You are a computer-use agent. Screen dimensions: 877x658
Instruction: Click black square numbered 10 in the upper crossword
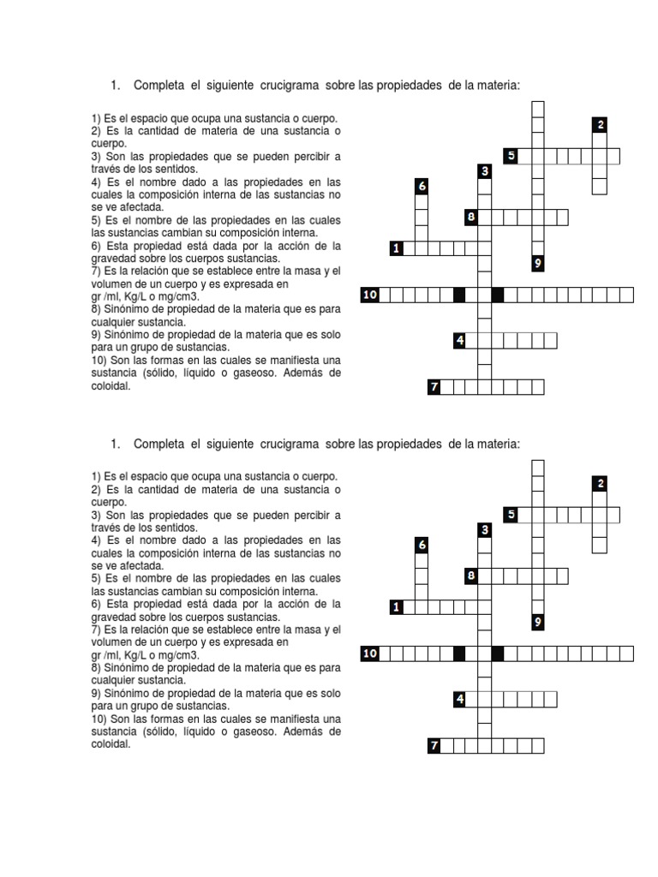369,295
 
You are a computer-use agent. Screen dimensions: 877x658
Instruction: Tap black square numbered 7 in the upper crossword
434,387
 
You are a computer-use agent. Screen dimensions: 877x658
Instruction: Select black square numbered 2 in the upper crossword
601,125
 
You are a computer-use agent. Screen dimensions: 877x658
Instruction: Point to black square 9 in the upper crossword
537,263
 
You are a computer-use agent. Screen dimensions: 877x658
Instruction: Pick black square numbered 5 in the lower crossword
511,515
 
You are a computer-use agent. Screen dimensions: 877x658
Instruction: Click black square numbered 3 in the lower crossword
484,530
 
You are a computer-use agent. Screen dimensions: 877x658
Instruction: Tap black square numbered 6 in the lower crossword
421,545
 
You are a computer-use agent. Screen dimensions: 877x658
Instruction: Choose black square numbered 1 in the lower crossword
396,607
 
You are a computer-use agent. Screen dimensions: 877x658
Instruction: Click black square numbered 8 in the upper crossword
471,217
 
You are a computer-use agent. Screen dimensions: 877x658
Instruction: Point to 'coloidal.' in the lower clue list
111,745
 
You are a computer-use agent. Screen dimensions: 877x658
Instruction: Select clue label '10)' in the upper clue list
99,361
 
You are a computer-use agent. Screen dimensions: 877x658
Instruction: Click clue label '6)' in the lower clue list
96,604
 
